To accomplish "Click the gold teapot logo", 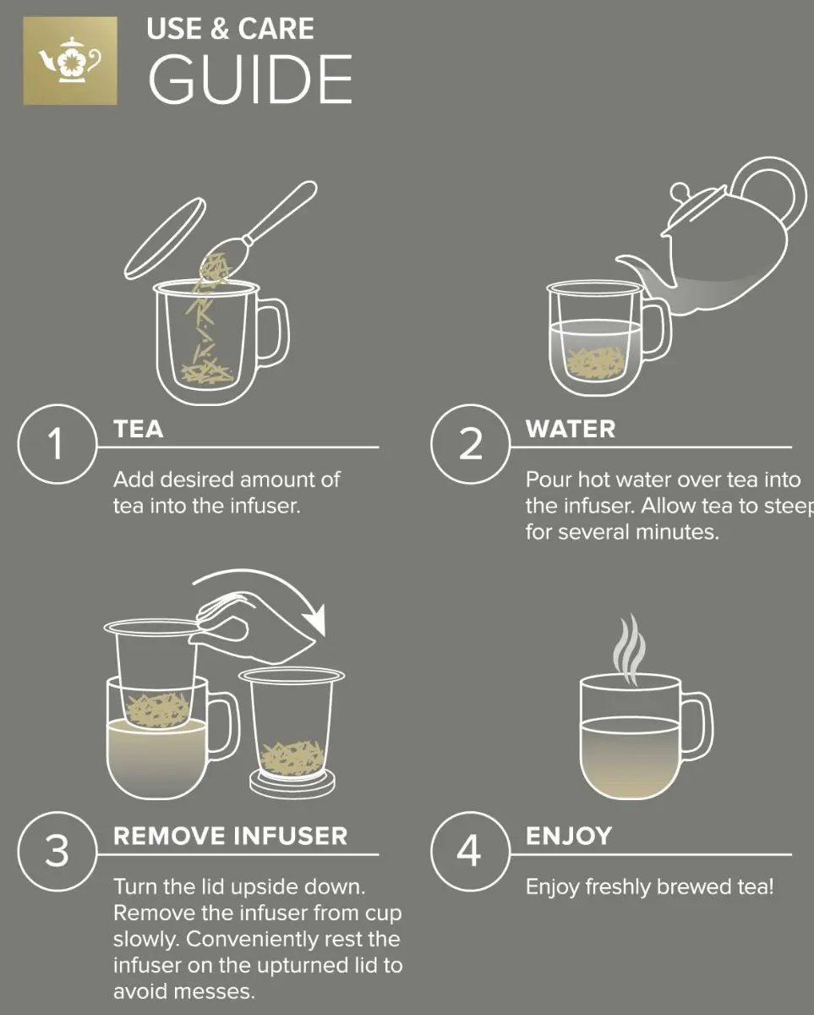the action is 70,61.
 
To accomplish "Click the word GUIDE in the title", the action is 250,79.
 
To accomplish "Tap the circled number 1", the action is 57,444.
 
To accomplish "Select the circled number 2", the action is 470,444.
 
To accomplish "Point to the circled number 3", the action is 57,852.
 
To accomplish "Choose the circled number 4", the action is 470,852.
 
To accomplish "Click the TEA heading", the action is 138,429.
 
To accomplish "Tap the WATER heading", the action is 571,429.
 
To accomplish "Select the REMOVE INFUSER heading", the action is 231,837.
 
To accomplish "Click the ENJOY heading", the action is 569,837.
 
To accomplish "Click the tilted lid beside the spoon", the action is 165,239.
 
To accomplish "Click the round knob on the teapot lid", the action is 680,193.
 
